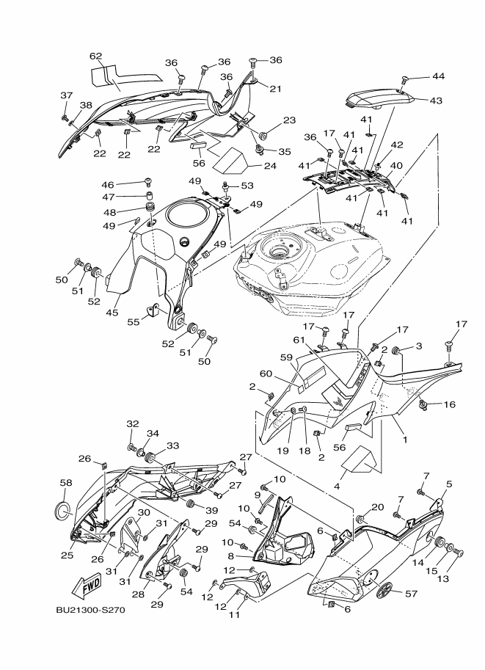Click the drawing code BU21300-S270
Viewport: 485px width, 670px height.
[x=90, y=610]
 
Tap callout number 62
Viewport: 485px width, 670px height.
[x=96, y=56]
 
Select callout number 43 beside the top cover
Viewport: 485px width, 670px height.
[x=436, y=101]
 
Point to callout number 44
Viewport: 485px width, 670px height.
[x=439, y=76]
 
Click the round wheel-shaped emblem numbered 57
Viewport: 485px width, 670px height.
[x=385, y=590]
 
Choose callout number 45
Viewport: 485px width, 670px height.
[x=112, y=313]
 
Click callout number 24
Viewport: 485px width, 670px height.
[x=270, y=166]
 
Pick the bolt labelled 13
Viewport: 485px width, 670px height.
[x=460, y=553]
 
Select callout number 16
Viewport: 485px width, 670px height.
[x=450, y=404]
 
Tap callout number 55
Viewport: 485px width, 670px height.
[x=134, y=321]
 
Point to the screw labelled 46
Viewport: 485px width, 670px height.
[x=149, y=182]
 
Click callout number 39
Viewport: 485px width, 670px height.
[x=211, y=510]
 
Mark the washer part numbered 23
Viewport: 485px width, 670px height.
[x=263, y=136]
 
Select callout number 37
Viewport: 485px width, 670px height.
[x=67, y=95]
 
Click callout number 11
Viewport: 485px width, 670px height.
[x=235, y=615]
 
